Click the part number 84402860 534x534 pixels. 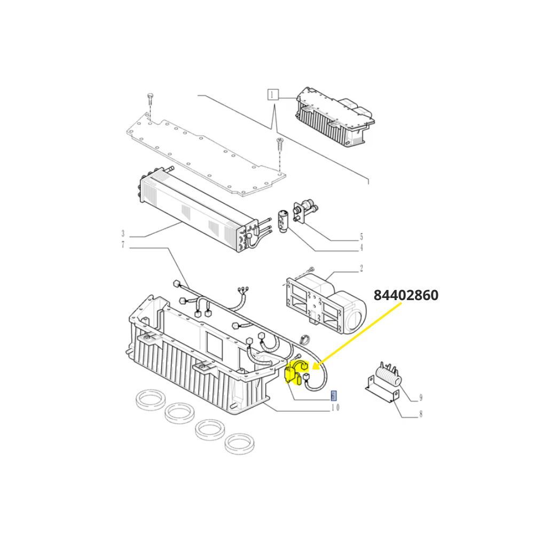[x=406, y=295]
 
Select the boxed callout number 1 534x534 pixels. [x=272, y=95]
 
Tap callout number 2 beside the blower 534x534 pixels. [x=362, y=269]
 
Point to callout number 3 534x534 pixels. [x=123, y=234]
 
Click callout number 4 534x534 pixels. [x=362, y=248]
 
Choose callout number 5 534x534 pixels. [x=362, y=237]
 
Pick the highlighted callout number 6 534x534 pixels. [x=334, y=395]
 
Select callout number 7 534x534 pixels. [x=123, y=245]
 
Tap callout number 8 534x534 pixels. [x=421, y=414]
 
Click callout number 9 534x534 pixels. [x=421, y=397]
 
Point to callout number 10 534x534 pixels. [x=335, y=407]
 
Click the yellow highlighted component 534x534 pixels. [x=296, y=373]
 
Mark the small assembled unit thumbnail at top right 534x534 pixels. [x=335, y=117]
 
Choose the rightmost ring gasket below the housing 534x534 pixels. [x=239, y=444]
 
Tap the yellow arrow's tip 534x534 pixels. [x=312, y=369]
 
